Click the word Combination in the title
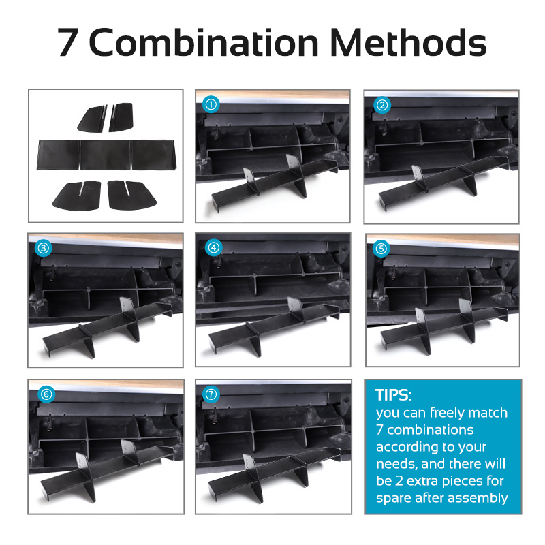[x=204, y=42]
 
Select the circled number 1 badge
[x=211, y=104]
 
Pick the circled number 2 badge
[x=382, y=105]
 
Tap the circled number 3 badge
[x=44, y=248]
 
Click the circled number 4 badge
[x=213, y=248]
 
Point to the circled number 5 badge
[x=381, y=249]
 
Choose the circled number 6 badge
[x=46, y=394]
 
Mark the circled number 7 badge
[x=211, y=394]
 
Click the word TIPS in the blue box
[x=392, y=395]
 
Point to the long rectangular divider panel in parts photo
[x=106, y=155]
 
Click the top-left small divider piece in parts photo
[x=92, y=119]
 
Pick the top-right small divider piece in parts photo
[x=121, y=117]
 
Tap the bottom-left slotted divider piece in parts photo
[x=77, y=196]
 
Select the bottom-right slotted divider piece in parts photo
[x=131, y=195]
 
